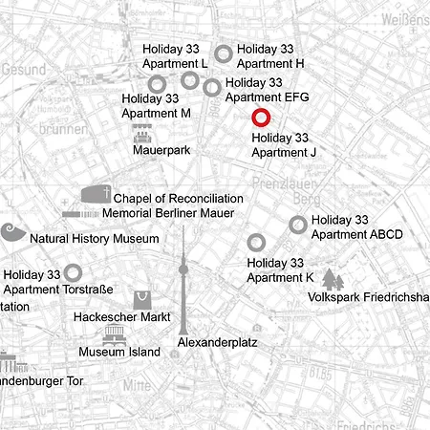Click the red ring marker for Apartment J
point(261,118)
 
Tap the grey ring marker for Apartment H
point(223,54)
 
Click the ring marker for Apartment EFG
point(212,88)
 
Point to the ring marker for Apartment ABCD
point(298,225)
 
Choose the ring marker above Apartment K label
point(256,243)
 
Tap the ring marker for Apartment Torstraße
point(73,273)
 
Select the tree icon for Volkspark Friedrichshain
point(332,279)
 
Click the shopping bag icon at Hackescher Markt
point(142,299)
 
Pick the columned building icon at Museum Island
point(116,334)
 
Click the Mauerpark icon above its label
point(142,135)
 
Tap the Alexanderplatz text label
point(218,341)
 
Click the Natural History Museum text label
point(94,238)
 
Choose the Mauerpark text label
point(161,151)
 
